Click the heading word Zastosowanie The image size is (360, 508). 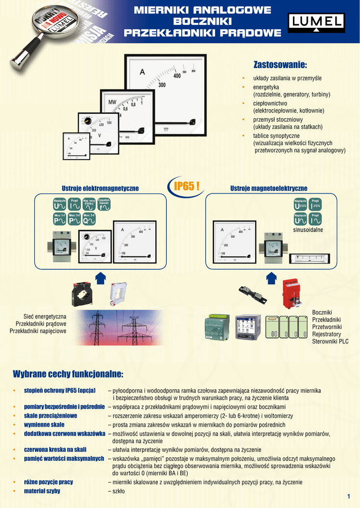[x=280, y=65]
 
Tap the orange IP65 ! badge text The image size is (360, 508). [x=186, y=186]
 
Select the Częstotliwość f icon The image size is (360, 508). [x=104, y=204]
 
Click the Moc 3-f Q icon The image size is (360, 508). [x=89, y=218]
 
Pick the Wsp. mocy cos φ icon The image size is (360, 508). [x=89, y=204]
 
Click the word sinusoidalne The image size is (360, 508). [x=308, y=230]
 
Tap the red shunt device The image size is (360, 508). [x=291, y=293]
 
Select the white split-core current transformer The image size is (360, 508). [x=118, y=294]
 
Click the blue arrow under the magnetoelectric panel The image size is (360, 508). [x=271, y=278]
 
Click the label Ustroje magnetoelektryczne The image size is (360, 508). [x=269, y=189]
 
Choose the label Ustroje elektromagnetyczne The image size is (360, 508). [x=100, y=189]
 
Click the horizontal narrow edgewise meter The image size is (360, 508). [x=309, y=258]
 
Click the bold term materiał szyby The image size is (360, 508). [x=42, y=491]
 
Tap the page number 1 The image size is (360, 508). [x=349, y=497]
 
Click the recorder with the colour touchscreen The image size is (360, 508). [x=248, y=327]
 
